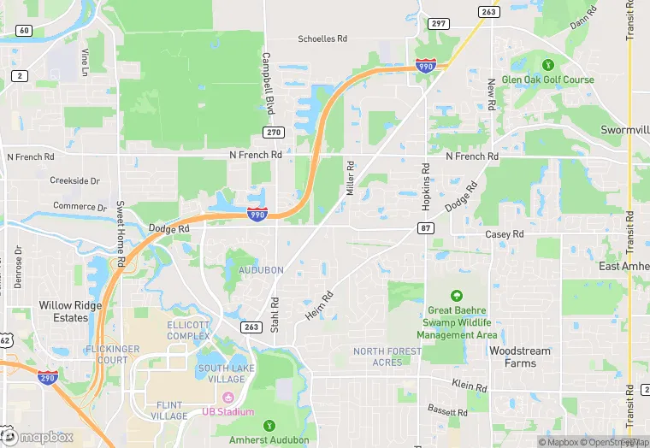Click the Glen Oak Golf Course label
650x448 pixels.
pos(547,80)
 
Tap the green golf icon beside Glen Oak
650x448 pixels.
pos(547,64)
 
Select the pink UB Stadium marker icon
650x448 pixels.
pos(228,398)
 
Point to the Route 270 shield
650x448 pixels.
pos(273,132)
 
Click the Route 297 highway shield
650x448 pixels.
pos(440,23)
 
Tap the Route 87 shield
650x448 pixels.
pos(425,228)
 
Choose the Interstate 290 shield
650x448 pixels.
pos(48,376)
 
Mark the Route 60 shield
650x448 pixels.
pos(24,31)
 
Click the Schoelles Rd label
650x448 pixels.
pos(322,38)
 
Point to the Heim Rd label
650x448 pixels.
pos(319,306)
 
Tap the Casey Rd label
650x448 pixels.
pos(504,234)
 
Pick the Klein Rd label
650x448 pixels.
pos(470,387)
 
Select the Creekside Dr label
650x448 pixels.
pos(74,180)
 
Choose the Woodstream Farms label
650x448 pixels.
pos(520,357)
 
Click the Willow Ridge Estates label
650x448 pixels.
pos(70,311)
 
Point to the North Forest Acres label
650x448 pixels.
pos(387,357)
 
